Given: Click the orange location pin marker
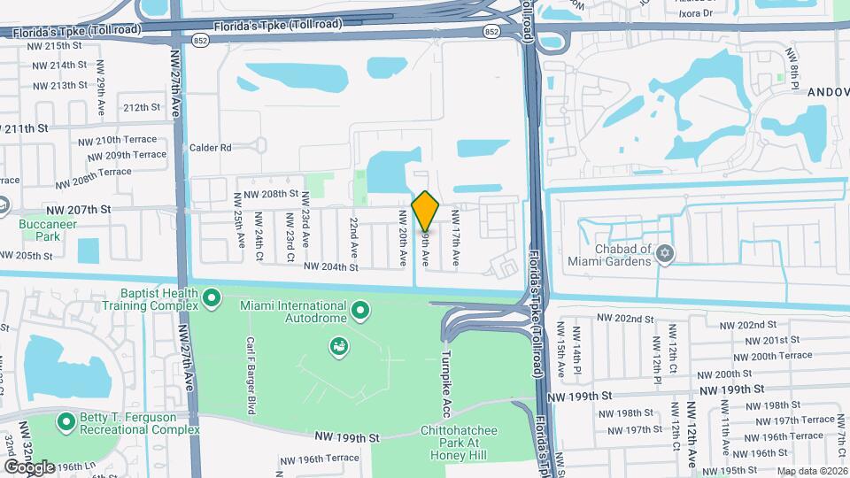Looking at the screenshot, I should tap(425, 212).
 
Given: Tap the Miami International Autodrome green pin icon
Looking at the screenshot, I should tap(360, 311).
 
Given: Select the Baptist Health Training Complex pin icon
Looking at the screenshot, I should tap(211, 299).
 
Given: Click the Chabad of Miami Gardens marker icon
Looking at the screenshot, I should tap(666, 255).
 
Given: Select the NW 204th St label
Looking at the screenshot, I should tap(330, 266).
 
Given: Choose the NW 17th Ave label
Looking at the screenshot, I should tap(456, 238).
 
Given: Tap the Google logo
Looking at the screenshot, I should tap(28, 466).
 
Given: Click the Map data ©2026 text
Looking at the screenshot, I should tap(811, 471).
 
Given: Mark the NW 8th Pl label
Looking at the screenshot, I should tap(794, 70).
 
